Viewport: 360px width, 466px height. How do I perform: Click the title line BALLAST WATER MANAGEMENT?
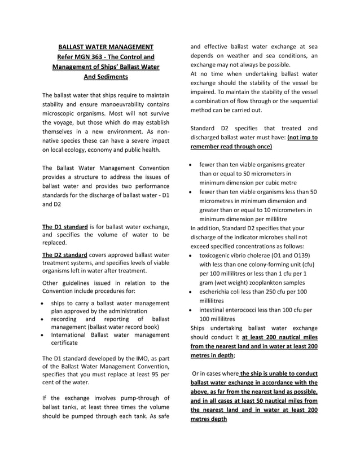click(x=106, y=46)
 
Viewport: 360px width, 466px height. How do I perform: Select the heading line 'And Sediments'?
click(x=106, y=77)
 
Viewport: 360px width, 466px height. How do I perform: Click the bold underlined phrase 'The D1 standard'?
click(x=65, y=227)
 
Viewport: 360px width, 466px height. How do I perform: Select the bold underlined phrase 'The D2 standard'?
click(x=65, y=254)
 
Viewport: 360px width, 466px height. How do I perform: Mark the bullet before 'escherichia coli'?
click(x=192, y=292)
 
